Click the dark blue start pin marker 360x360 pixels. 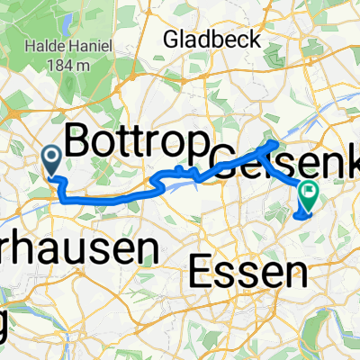(52, 160)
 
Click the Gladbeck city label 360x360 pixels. (212, 40)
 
